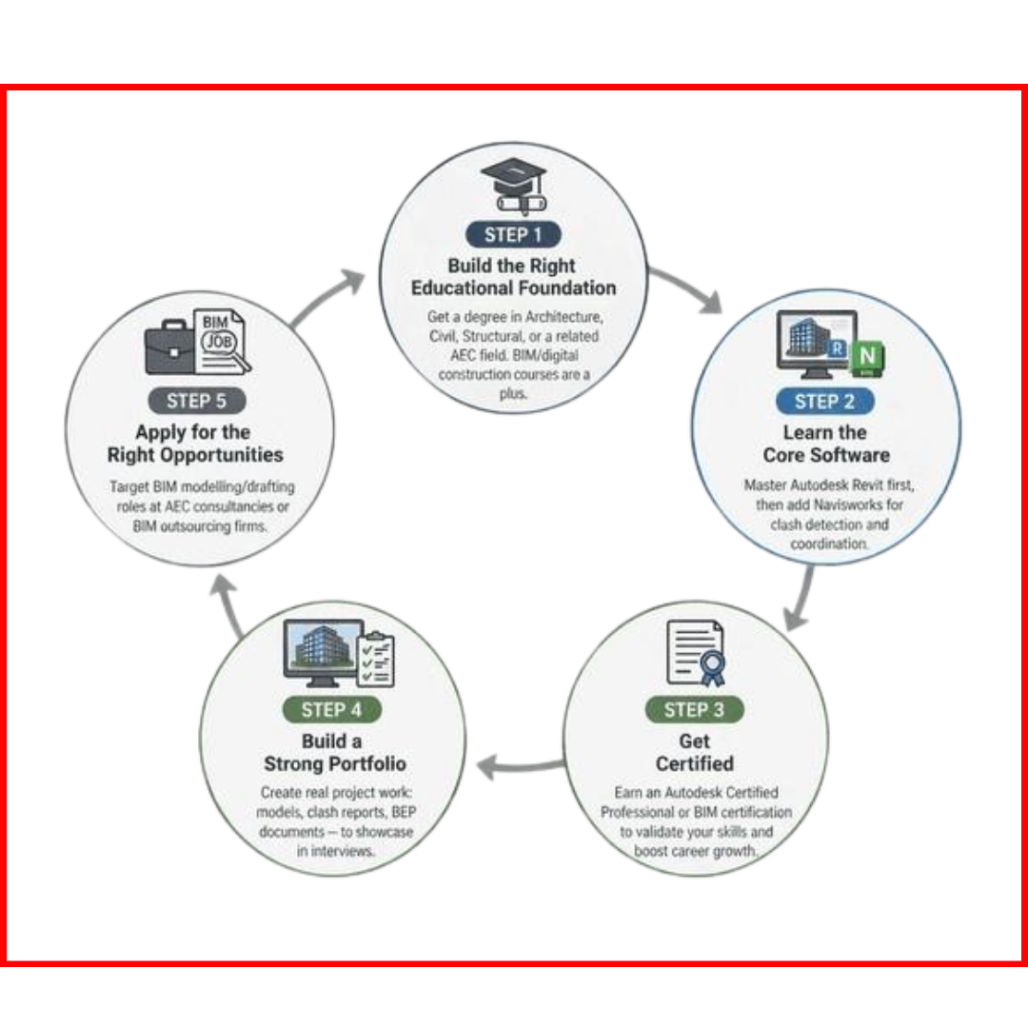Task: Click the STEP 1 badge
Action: coord(513,235)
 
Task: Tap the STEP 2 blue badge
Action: coord(824,402)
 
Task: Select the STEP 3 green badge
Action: coord(694,709)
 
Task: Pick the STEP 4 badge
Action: coord(332,709)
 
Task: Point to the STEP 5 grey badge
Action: coord(197,401)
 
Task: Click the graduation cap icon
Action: coord(513,186)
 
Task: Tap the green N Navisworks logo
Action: coord(867,359)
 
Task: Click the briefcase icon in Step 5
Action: coord(169,346)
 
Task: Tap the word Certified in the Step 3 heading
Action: coord(695,763)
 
